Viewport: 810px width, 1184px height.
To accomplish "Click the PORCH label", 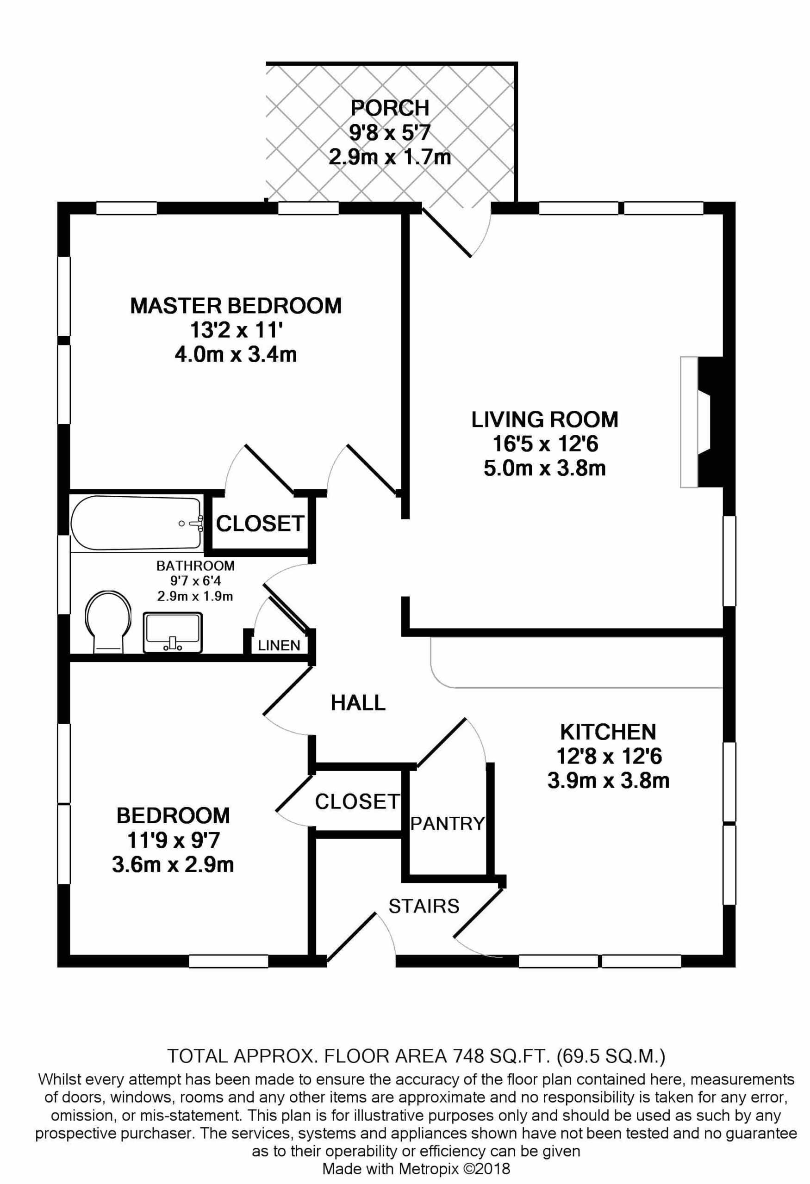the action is (x=390, y=108).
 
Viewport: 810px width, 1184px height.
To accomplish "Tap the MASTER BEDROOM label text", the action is (x=236, y=306).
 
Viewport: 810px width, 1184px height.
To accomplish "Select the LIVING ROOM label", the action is (x=544, y=420).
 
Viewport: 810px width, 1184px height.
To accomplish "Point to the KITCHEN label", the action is (x=608, y=732).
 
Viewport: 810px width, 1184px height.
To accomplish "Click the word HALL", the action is (x=358, y=703).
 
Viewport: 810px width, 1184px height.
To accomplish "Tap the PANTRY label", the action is (x=448, y=823).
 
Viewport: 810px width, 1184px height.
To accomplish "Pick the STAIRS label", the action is (x=424, y=906).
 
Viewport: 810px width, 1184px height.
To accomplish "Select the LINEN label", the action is (x=279, y=646).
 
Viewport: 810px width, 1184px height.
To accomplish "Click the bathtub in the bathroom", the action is (x=137, y=523).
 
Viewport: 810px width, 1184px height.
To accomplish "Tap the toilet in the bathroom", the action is (x=108, y=622).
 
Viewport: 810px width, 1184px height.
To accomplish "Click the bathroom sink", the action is (x=173, y=632).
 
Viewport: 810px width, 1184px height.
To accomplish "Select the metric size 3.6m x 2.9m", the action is (x=173, y=864).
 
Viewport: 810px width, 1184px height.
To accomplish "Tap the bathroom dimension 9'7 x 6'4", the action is (x=196, y=581).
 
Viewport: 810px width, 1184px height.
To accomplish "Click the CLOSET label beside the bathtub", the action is (x=260, y=524).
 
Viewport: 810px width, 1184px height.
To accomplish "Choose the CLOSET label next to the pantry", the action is (x=357, y=802).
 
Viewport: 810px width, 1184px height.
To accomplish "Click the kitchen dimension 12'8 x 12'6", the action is (x=609, y=757).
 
